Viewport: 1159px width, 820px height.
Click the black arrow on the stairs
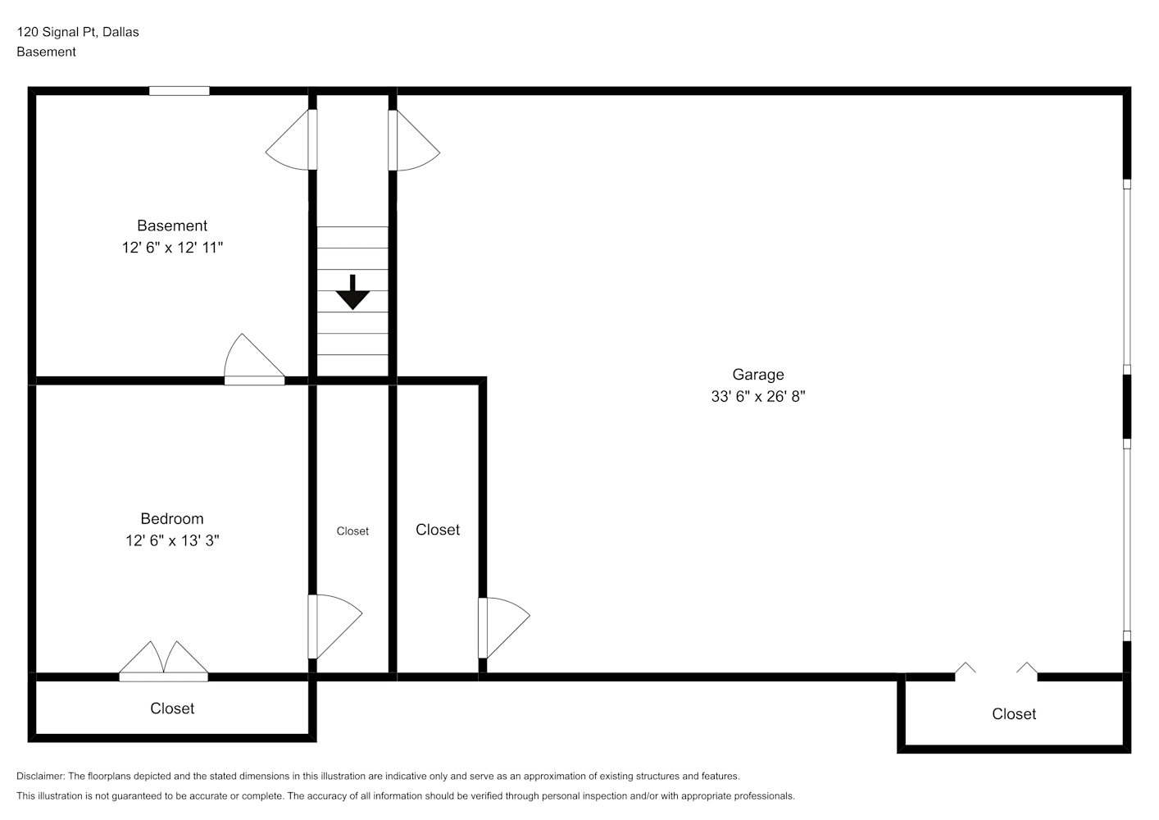click(x=352, y=293)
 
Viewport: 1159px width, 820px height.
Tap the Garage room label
click(x=758, y=374)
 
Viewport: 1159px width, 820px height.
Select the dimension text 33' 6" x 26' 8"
click(x=758, y=397)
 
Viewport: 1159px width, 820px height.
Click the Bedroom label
click(x=172, y=519)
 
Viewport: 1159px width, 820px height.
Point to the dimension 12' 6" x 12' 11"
click(x=172, y=248)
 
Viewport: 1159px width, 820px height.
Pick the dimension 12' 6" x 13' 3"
click(x=172, y=541)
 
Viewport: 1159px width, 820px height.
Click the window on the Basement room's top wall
click(x=180, y=91)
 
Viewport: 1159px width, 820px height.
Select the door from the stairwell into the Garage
click(x=414, y=139)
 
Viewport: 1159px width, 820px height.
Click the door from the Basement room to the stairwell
click(x=291, y=139)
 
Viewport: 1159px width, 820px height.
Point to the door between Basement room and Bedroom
click(x=254, y=359)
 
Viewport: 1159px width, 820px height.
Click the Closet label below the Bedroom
click(x=172, y=708)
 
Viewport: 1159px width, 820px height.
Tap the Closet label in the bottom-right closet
click(x=1014, y=714)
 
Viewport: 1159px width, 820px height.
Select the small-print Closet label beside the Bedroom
click(x=352, y=531)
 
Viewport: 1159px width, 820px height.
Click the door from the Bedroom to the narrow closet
click(x=334, y=626)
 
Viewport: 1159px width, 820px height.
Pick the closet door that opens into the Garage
click(x=503, y=628)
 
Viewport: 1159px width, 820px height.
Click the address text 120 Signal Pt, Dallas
click(x=78, y=32)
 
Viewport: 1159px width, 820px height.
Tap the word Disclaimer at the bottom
click(x=41, y=776)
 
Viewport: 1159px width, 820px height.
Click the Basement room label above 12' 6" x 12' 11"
click(x=172, y=225)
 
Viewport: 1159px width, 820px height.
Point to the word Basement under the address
click(x=46, y=52)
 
